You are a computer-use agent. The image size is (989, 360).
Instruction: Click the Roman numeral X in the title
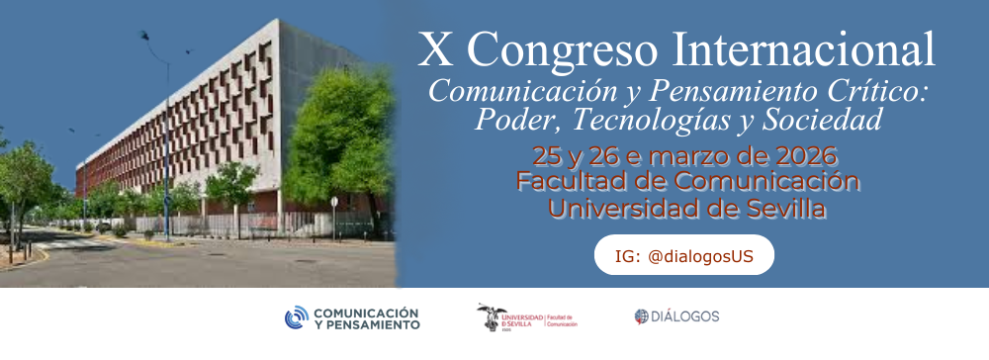434,49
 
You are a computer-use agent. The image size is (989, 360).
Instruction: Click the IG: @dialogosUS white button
683,255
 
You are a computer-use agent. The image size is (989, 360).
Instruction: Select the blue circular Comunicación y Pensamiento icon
297,317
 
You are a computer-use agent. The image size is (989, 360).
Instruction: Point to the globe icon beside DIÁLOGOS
641,316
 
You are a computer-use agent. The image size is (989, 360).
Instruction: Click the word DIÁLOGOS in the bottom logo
685,316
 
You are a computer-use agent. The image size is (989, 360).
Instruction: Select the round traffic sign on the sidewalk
334,201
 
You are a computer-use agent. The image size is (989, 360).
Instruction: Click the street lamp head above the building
145,36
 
